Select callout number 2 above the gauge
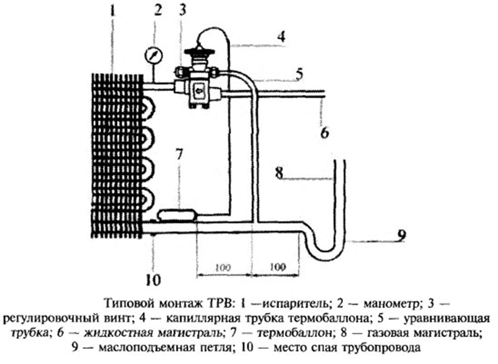pos(157,10)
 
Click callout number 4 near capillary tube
pos(280,37)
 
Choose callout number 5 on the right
pos(299,74)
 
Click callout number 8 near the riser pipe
pos(280,173)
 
